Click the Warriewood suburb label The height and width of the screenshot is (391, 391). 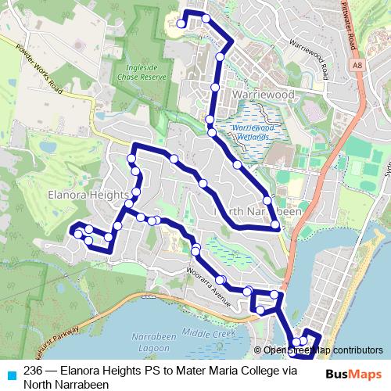tap(263, 95)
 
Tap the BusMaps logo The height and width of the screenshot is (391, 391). tap(353, 374)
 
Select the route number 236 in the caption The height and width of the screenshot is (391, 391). tap(33, 371)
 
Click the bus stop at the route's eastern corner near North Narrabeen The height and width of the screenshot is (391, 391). tap(275, 226)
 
